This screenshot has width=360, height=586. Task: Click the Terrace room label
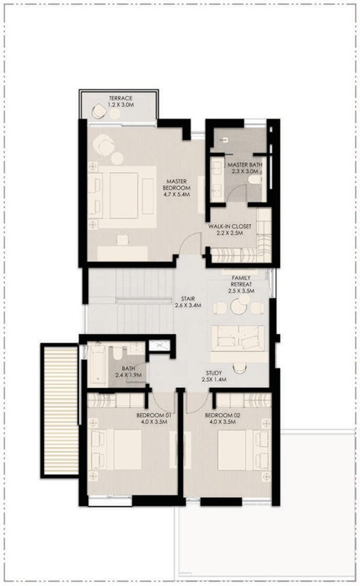[121, 102]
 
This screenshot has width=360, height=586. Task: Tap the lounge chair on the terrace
[99, 111]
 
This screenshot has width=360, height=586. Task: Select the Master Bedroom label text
[176, 188]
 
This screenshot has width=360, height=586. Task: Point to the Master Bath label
[245, 167]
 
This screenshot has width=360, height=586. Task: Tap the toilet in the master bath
[255, 181]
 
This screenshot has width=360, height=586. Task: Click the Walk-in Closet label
[230, 229]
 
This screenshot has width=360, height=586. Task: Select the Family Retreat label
[241, 284]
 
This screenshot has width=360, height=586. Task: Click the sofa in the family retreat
[238, 338]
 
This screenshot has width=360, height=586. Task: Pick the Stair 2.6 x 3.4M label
[188, 302]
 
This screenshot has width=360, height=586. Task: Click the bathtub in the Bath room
[97, 364]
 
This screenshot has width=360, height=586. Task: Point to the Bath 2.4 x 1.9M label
[128, 371]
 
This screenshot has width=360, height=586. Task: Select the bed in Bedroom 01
[116, 450]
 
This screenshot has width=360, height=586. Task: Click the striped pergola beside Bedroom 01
[60, 410]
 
